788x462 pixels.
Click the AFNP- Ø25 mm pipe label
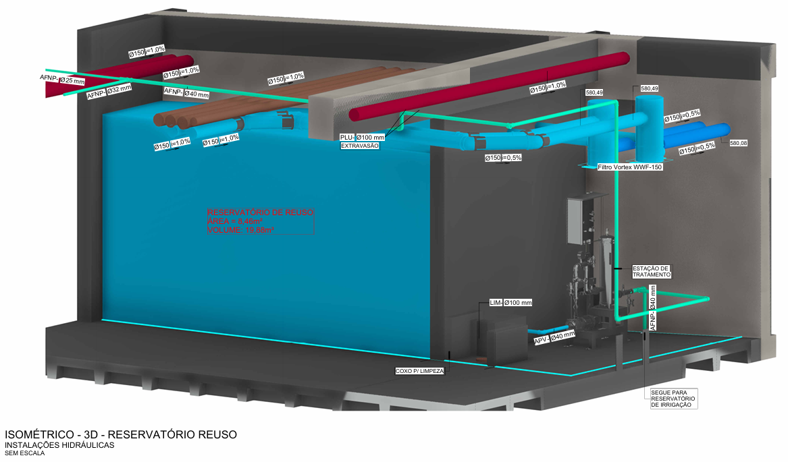[63, 81]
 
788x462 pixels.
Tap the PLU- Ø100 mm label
[362, 138]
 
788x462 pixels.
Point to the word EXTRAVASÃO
[359, 146]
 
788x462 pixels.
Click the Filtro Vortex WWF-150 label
[629, 167]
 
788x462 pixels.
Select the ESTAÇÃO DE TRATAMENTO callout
[651, 271]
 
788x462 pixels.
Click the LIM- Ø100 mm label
[510, 303]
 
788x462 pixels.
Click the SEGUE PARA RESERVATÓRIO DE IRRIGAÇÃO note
[673, 399]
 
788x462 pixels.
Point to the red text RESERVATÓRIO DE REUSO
[260, 212]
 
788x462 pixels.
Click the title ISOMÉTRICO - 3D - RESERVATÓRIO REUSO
[121, 434]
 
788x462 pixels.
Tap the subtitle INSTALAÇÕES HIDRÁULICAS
[60, 445]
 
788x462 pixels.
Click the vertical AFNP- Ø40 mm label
[652, 308]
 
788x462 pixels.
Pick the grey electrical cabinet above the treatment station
[579, 221]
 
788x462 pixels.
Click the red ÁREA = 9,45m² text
[236, 221]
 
